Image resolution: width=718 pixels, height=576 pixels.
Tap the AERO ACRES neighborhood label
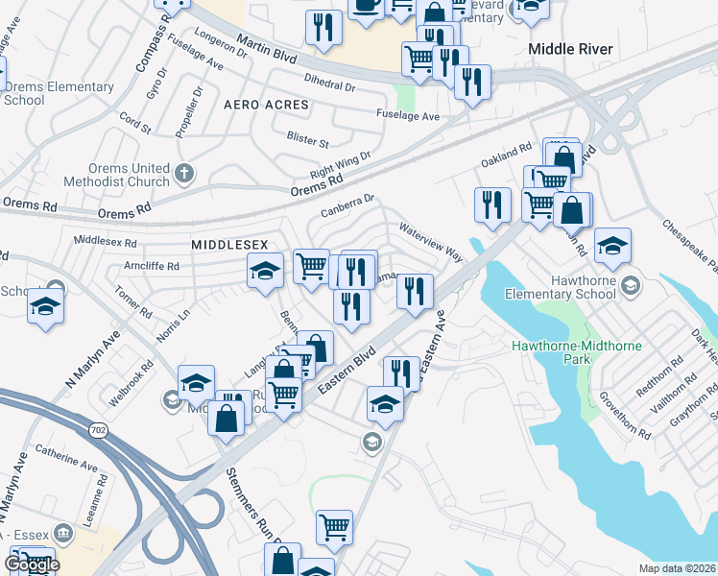(267, 104)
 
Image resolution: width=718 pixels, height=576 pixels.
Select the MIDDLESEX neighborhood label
(229, 245)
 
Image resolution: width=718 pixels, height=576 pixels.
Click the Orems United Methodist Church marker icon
(185, 174)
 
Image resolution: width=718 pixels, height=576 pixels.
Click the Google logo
(32, 564)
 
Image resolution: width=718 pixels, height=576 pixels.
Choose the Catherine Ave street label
(66, 457)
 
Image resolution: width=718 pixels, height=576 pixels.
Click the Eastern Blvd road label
(340, 370)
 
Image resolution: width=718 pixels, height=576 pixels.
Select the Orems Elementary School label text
(59, 93)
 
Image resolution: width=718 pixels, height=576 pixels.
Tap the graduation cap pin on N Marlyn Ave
(45, 308)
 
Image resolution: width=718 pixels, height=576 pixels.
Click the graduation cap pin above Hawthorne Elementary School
(612, 248)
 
